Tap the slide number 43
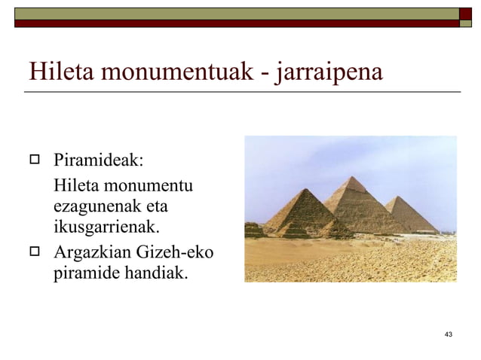tap(449, 334)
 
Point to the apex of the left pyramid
tap(299, 189)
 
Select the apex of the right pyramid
tap(399, 197)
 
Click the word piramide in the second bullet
tap(84, 272)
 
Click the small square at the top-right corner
tap(466, 13)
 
